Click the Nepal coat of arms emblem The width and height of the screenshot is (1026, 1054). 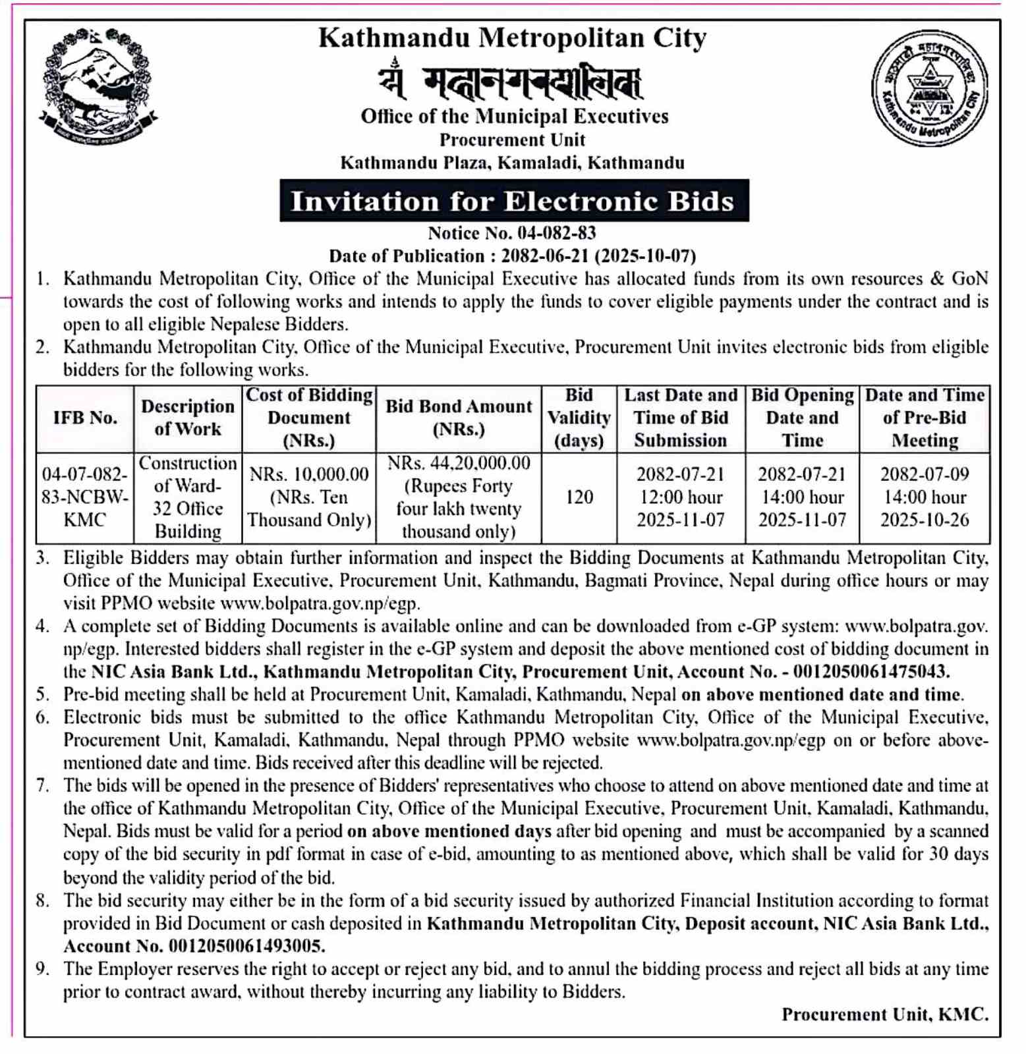[98, 86]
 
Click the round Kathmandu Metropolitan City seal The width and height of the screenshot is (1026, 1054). [929, 88]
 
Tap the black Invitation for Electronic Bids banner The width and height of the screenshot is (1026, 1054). [513, 201]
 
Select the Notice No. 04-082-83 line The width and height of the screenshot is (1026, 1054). [512, 233]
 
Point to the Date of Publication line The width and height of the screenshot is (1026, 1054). [512, 256]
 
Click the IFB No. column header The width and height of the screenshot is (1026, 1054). [85, 418]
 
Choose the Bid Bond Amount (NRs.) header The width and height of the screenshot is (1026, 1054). [459, 418]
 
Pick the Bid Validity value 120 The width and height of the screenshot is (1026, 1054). [579, 497]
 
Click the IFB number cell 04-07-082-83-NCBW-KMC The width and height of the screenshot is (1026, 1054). [85, 497]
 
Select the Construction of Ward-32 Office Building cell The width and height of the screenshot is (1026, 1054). [188, 497]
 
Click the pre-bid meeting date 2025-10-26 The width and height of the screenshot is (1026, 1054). [925, 520]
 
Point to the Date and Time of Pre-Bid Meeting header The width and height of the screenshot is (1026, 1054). [925, 418]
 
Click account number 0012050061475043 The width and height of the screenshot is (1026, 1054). [871, 672]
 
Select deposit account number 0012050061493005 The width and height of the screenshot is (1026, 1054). [246, 947]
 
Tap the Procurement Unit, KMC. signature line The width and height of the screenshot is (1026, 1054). [884, 1014]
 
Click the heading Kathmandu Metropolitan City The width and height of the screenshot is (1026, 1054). [512, 38]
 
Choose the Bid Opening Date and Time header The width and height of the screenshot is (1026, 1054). [802, 418]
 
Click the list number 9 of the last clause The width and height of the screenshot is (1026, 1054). [43, 969]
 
